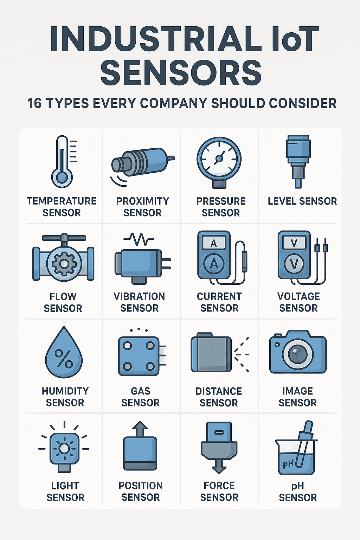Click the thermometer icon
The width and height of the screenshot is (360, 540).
(62, 161)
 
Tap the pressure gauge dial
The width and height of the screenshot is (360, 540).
(219, 159)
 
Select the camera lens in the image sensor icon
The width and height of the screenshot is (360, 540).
(298, 355)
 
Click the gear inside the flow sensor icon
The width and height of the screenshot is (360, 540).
(64, 264)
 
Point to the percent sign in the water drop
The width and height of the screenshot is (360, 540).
(64, 358)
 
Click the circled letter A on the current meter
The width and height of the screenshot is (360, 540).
(214, 264)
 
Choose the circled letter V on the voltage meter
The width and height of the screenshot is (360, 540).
(294, 264)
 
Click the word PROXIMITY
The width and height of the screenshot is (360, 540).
(142, 201)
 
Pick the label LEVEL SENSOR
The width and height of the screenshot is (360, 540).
(302, 201)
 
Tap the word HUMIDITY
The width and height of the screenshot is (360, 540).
(65, 391)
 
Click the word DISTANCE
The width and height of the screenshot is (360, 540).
(219, 391)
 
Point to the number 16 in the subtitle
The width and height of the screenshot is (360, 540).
(34, 103)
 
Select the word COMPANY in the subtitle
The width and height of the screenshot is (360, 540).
(173, 103)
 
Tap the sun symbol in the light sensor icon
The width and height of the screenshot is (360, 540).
(64, 449)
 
